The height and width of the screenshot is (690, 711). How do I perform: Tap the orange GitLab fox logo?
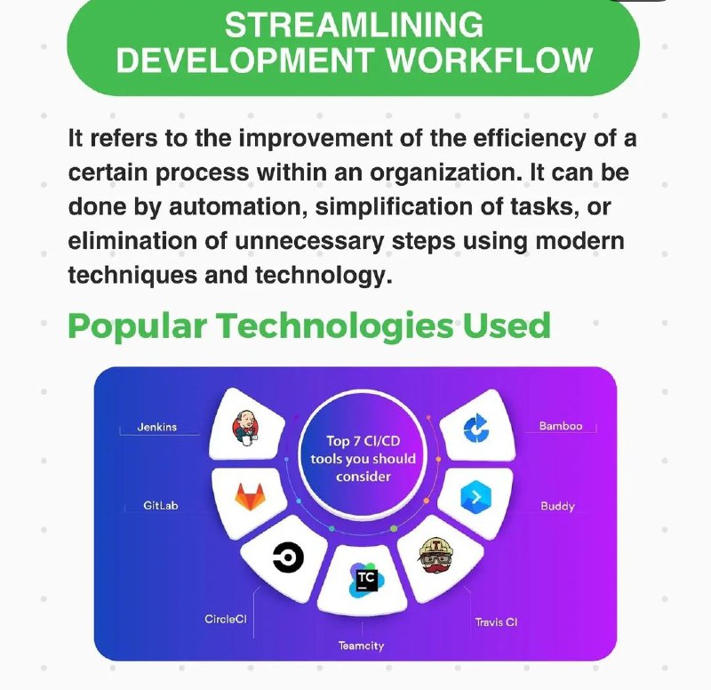(x=249, y=497)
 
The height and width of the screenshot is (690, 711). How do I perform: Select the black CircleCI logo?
(x=288, y=557)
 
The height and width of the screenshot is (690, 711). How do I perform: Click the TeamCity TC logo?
(x=366, y=581)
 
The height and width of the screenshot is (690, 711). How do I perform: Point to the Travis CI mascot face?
(x=435, y=556)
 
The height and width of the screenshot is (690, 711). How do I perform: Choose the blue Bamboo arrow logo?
(x=476, y=428)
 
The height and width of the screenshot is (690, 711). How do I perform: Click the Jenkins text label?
(x=157, y=427)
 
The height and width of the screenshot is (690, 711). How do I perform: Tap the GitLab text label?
(x=161, y=505)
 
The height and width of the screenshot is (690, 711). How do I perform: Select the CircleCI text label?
(x=226, y=619)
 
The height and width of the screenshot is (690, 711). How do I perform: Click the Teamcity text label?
(x=361, y=646)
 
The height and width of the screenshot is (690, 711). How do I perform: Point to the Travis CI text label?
(x=496, y=622)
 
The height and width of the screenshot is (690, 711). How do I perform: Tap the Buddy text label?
(x=557, y=506)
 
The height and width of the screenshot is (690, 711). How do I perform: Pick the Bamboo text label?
(x=561, y=426)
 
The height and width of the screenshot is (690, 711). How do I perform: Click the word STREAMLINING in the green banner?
(x=354, y=25)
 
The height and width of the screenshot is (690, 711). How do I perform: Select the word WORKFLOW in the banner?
(x=490, y=60)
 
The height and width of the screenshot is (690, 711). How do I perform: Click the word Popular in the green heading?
(x=138, y=326)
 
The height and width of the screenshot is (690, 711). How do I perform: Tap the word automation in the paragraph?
(x=236, y=207)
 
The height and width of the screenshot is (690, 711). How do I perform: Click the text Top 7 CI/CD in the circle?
(x=363, y=441)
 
